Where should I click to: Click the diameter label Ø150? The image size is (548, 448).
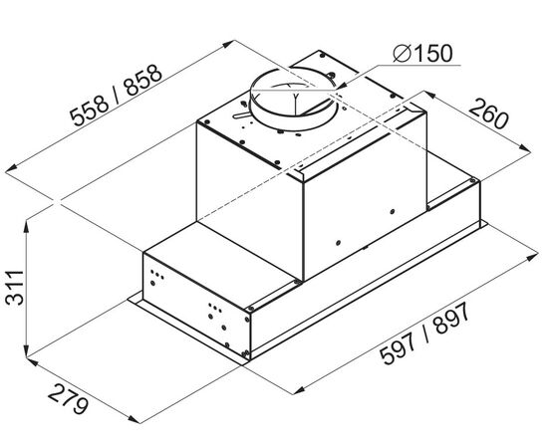click(422, 54)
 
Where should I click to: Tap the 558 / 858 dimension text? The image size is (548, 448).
click(116, 95)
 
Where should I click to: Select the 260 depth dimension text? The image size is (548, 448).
click(488, 113)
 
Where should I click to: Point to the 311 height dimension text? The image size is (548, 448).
click(14, 287)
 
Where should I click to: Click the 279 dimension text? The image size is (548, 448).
click(68, 398)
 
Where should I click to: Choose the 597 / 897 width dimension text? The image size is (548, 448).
click(424, 335)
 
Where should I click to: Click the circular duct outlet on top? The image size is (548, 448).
click(294, 99)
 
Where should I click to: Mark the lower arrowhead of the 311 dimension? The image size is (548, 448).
click(27, 349)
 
